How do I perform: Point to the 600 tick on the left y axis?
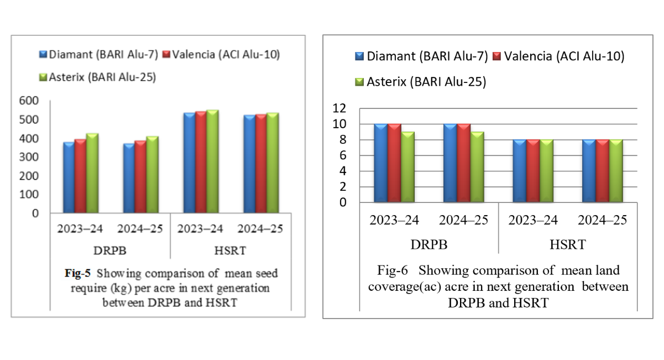(x=29, y=101)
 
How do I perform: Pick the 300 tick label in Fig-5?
(x=29, y=157)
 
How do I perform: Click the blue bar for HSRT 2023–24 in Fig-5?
(x=189, y=163)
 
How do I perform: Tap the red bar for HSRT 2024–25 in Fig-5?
(x=261, y=164)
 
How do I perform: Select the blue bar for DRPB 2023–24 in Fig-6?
(x=380, y=163)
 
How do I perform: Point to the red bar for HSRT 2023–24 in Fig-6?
(x=533, y=171)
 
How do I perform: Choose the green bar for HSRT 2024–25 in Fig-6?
(x=616, y=171)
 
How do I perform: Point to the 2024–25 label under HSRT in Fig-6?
(x=602, y=220)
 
